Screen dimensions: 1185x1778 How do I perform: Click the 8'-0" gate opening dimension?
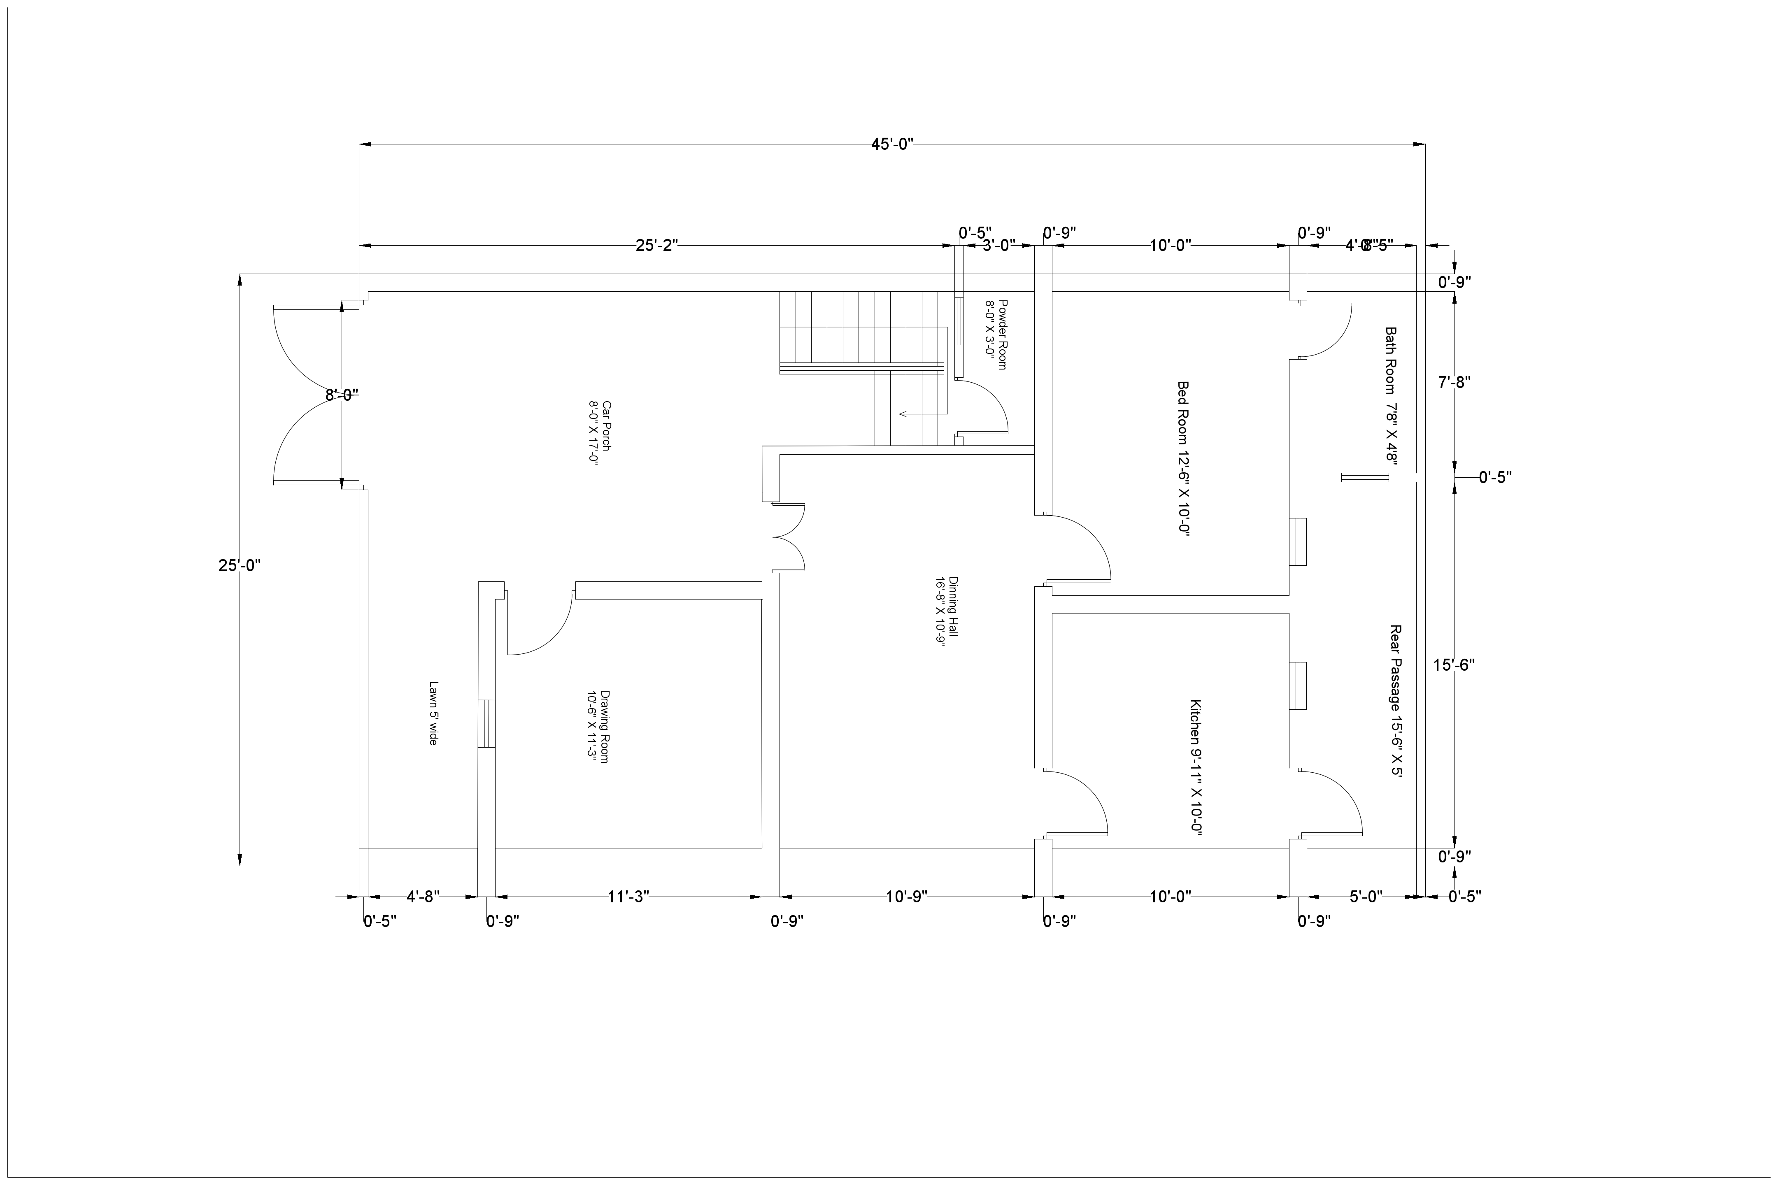[x=342, y=395]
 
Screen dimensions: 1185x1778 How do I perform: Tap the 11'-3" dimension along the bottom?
[x=628, y=897]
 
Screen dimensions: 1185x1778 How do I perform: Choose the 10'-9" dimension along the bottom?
[x=906, y=897]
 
